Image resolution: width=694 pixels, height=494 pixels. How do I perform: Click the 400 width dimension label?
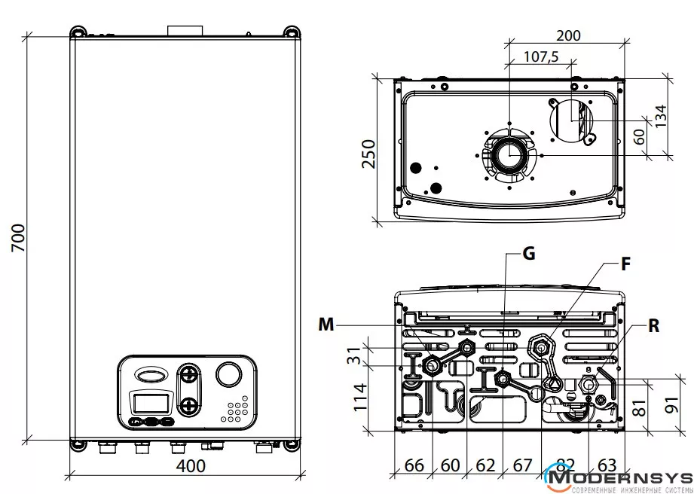coord(190,466)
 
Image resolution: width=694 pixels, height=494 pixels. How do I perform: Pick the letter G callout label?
coord(529,254)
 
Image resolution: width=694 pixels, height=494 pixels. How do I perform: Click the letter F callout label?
coord(625,264)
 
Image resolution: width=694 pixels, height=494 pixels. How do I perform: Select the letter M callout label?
coord(326,325)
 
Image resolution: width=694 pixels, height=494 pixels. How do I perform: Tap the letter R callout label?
coord(653,326)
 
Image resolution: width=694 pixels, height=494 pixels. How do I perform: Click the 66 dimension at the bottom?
coord(414,465)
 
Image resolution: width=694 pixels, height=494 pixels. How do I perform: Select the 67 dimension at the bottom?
coord(522,465)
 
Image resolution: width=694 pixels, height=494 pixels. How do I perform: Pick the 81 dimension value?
coord(640,407)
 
